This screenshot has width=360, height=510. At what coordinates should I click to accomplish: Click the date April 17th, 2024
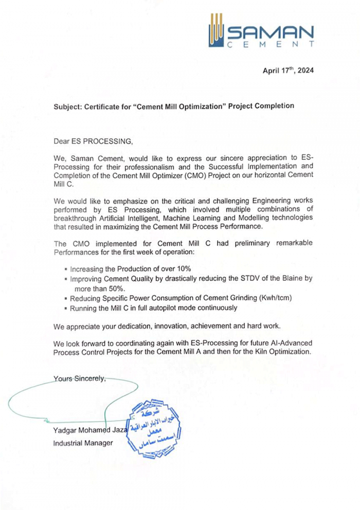[x=288, y=71]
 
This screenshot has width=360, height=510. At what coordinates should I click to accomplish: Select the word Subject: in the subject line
[x=70, y=106]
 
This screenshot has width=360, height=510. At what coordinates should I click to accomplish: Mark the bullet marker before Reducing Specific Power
[x=66, y=299]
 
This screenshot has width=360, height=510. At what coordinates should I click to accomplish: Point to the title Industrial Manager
[x=83, y=443]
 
